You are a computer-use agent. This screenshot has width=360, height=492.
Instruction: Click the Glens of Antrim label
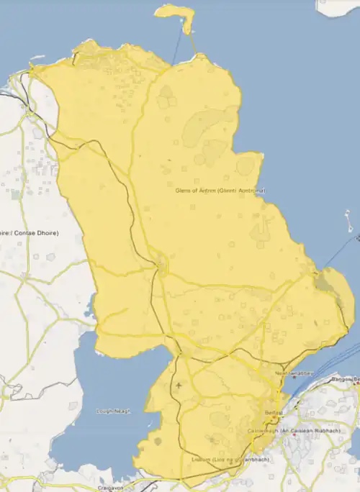coord(220,191)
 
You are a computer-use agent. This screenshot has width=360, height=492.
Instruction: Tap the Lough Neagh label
coord(114,411)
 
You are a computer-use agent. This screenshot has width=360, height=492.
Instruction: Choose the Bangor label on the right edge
coord(344,378)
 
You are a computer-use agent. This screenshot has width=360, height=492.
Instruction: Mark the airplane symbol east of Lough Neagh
coord(179,387)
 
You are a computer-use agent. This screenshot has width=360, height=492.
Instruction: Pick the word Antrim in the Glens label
coord(206,191)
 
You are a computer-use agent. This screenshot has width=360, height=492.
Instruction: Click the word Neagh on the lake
coord(122,411)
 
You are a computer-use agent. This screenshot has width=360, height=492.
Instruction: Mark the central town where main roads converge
coord(160,268)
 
